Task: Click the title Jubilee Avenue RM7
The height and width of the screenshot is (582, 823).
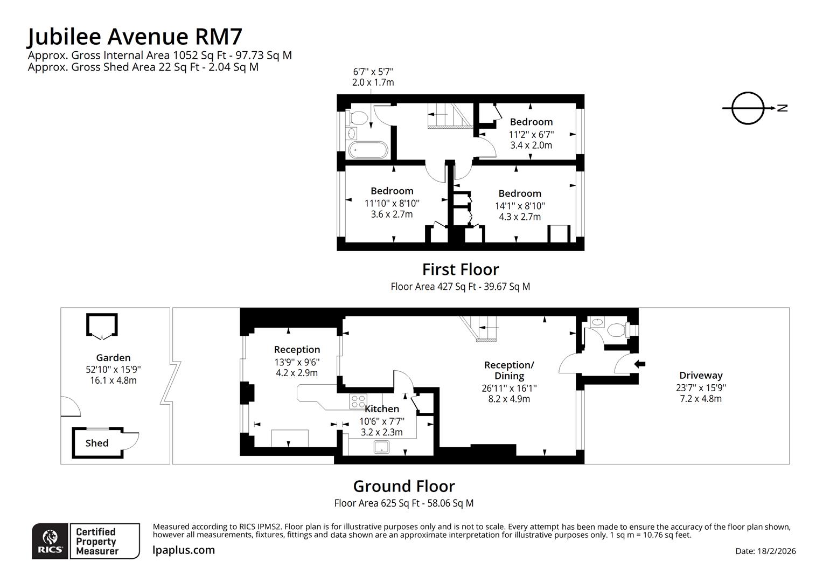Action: [x=135, y=37]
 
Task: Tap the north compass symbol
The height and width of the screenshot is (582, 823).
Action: [x=749, y=108]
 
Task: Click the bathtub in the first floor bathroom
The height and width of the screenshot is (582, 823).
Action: [x=367, y=150]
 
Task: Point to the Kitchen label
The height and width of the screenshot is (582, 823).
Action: [x=382, y=409]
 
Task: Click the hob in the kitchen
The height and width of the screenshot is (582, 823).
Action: [x=358, y=401]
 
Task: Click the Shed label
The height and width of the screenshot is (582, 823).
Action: [x=97, y=443]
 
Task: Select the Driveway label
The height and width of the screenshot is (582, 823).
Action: [x=700, y=376]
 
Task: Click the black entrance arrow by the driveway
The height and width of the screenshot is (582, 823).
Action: [x=640, y=364]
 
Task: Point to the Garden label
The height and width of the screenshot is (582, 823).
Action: [x=113, y=358]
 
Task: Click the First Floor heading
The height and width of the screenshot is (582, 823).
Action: [x=460, y=269]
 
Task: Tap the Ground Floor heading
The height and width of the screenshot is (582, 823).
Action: [x=404, y=486]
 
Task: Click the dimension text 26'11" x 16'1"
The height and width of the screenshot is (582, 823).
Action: [x=509, y=388]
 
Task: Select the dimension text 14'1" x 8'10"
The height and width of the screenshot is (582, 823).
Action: [x=520, y=206]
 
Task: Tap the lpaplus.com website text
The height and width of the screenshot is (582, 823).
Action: [x=184, y=550]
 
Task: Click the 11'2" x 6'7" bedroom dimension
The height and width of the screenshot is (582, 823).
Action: [x=531, y=134]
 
